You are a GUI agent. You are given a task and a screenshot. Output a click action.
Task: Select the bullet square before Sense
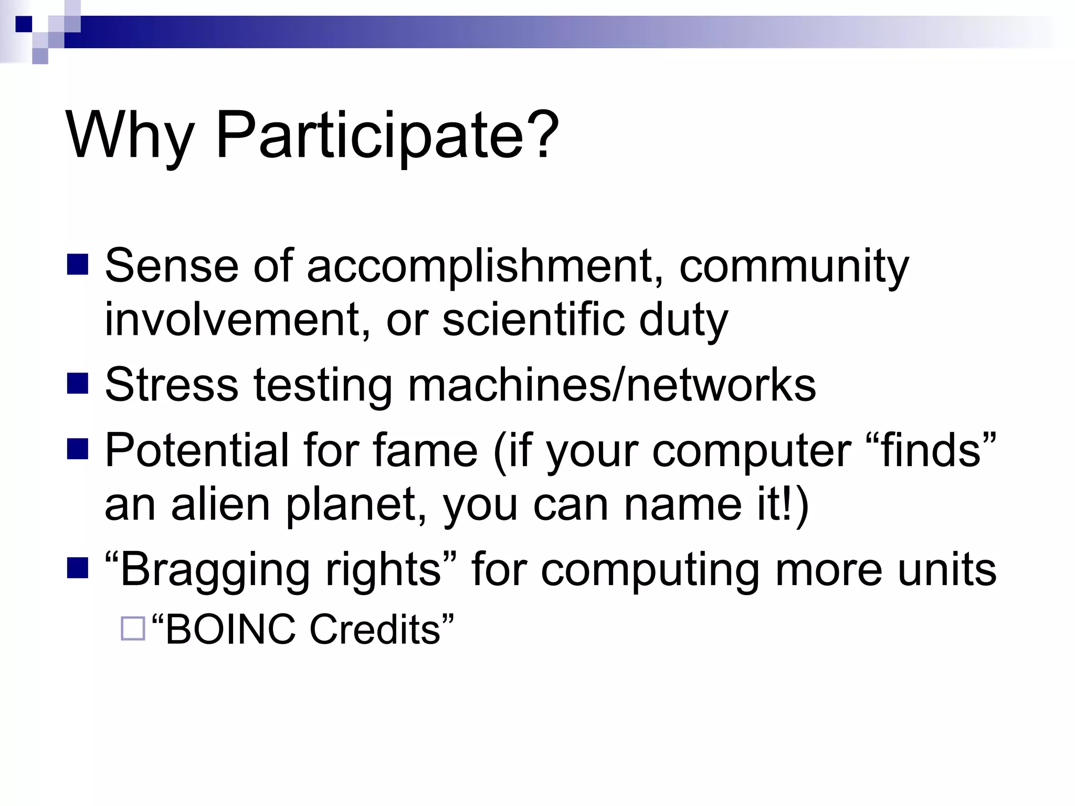tap(78, 264)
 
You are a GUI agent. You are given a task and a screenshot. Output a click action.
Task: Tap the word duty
tap(683, 321)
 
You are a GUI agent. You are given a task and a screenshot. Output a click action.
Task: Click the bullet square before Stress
tap(78, 384)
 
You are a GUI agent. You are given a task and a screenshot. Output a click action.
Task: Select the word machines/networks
tap(612, 385)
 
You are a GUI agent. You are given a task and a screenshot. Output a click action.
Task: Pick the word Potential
tap(196, 450)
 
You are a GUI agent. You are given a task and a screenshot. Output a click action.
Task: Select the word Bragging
tap(215, 571)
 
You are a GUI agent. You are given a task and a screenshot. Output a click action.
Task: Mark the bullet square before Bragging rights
tap(78, 568)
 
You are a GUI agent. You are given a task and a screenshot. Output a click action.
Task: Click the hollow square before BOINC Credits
tap(133, 628)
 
